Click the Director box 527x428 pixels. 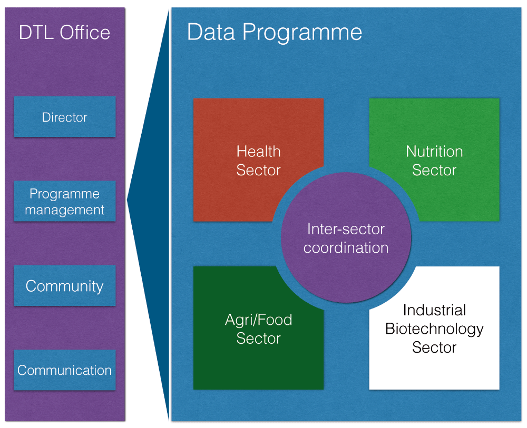point(64,117)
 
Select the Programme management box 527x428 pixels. point(64,201)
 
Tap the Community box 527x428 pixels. point(64,286)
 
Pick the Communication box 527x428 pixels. point(64,370)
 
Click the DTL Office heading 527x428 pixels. point(64,33)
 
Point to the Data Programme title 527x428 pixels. point(274,33)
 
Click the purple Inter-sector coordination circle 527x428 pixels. point(346,237)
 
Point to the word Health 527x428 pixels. point(258,152)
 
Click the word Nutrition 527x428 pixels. point(434,152)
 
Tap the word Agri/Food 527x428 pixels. point(258,320)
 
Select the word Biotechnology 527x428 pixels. point(434,329)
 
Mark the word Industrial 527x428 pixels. point(434,310)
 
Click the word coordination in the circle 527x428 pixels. point(346,248)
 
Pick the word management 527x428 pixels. point(64,210)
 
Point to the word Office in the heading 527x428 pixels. point(85,33)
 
